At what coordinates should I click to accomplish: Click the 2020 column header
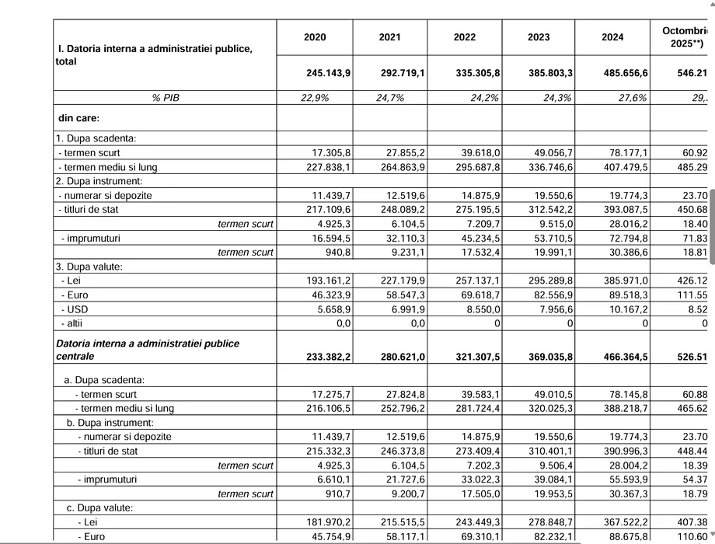click(x=315, y=37)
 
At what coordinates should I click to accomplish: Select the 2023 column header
click(x=539, y=37)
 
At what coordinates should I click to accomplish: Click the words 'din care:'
click(x=78, y=118)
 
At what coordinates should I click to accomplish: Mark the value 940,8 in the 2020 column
click(x=337, y=252)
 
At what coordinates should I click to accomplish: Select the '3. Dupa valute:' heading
click(x=91, y=266)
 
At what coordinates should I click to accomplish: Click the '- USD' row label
click(x=76, y=309)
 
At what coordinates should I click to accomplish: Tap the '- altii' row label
click(x=75, y=323)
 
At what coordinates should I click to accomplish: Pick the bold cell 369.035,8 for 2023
click(x=550, y=357)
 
